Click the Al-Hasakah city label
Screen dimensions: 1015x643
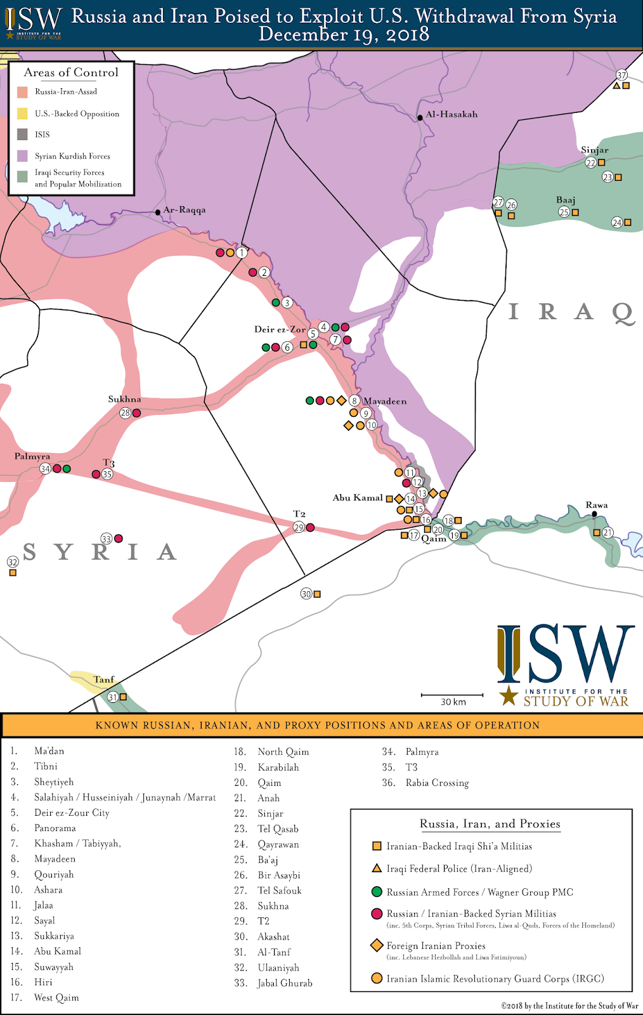tap(451, 115)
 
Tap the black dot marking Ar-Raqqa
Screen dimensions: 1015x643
tap(158, 212)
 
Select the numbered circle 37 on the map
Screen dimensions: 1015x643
tap(621, 75)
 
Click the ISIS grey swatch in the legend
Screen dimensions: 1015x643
tap(22, 134)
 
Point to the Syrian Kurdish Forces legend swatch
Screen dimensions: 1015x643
tap(22, 156)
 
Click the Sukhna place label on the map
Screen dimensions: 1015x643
tap(124, 399)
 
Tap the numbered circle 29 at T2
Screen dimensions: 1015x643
tap(299, 528)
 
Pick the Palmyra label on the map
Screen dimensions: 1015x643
tap(32, 456)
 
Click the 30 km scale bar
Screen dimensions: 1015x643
tap(452, 696)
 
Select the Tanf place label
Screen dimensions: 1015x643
tap(104, 679)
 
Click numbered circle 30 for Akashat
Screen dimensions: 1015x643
tap(306, 594)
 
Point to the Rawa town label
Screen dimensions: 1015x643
tap(597, 505)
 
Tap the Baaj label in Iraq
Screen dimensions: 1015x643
tap(566, 200)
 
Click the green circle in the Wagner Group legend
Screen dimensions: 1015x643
tap(377, 892)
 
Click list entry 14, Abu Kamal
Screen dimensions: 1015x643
tap(57, 951)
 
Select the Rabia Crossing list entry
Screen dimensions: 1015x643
tap(437, 783)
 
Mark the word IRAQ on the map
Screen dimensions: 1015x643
tap(571, 311)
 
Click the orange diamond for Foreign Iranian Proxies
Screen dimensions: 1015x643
tap(377, 945)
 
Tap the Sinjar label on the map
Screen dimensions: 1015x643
tap(594, 150)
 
